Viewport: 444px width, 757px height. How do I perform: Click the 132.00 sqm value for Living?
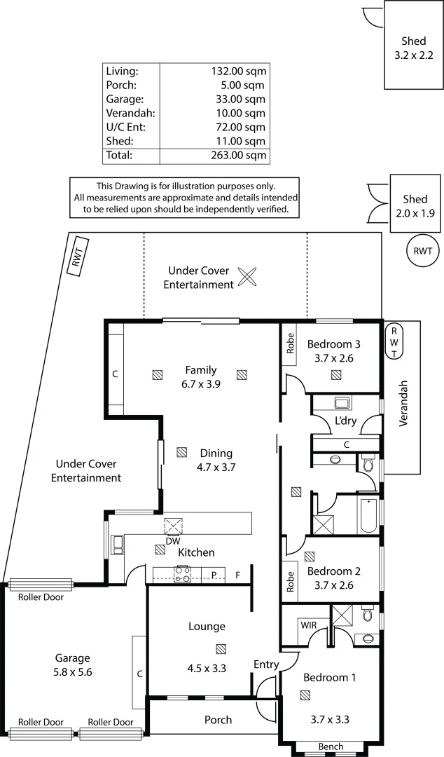click(x=238, y=71)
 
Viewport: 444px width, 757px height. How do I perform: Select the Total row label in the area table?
click(x=119, y=155)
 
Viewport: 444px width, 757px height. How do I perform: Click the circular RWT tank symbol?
click(x=422, y=251)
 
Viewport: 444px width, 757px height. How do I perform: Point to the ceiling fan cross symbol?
click(x=247, y=277)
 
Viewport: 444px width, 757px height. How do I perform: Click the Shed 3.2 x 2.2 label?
click(x=414, y=47)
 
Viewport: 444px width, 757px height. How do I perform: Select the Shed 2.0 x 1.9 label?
click(x=415, y=206)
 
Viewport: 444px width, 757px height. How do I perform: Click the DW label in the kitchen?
click(x=172, y=541)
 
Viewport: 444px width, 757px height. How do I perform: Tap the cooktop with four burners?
click(x=182, y=575)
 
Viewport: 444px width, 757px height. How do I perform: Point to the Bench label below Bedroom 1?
click(x=331, y=746)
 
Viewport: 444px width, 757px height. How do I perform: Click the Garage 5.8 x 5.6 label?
click(x=74, y=664)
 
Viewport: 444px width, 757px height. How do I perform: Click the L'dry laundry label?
click(x=346, y=421)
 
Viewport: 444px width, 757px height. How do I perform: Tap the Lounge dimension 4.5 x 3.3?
click(x=207, y=668)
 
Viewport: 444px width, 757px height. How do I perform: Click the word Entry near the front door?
click(x=266, y=664)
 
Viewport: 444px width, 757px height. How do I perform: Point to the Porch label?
click(x=218, y=720)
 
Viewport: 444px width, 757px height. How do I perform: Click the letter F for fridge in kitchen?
click(x=237, y=575)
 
